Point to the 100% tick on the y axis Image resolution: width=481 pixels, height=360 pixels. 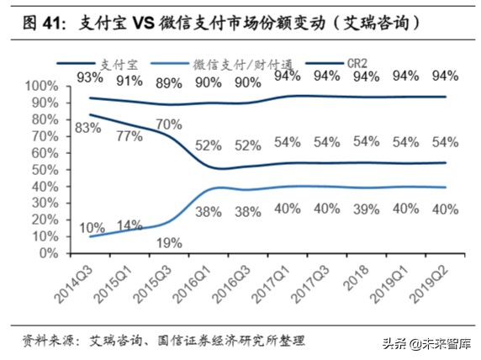tap(43, 87)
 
